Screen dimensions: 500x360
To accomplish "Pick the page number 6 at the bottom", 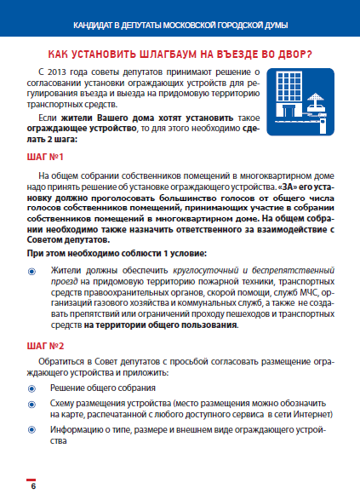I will [33, 486].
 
